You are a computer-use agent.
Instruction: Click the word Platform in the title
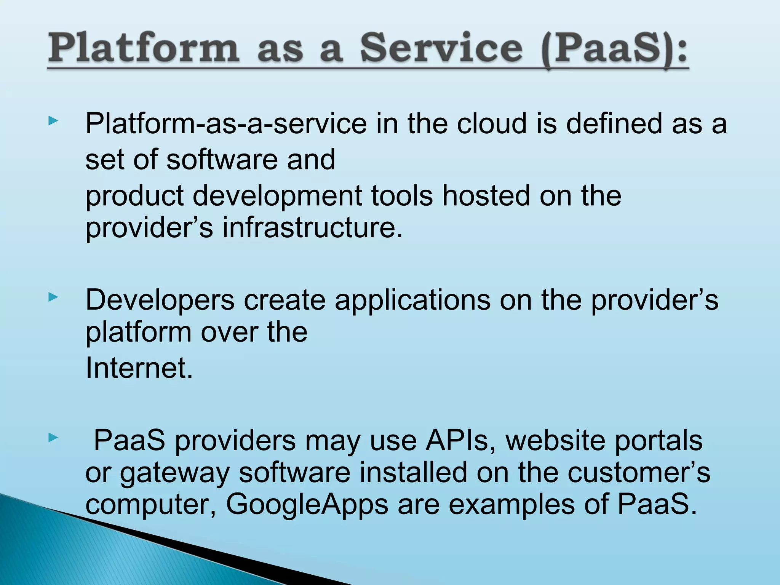click(144, 48)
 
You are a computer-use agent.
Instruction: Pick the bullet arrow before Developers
click(53, 297)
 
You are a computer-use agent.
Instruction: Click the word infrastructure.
click(312, 228)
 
